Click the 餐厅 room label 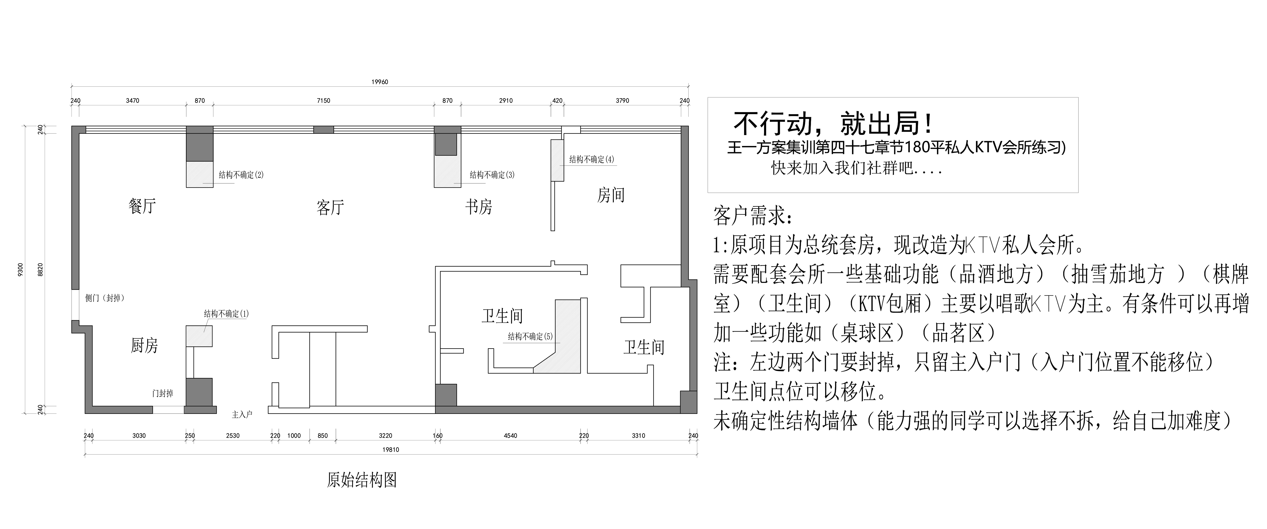(x=142, y=206)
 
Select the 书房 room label (x=479, y=207)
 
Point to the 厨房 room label (x=144, y=345)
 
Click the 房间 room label (x=611, y=195)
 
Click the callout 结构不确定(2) (x=241, y=175)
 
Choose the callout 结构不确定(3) (x=492, y=175)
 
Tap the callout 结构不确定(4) (x=592, y=159)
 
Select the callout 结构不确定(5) (x=530, y=337)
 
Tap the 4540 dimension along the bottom (x=510, y=435)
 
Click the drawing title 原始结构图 (x=362, y=480)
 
